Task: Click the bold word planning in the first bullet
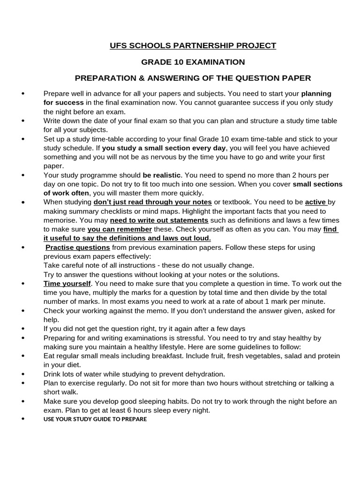click(316, 93)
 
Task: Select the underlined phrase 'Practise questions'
click(78, 247)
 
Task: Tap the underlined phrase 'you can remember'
click(120, 229)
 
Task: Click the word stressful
click(189, 337)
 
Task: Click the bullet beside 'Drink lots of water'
click(23, 374)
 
